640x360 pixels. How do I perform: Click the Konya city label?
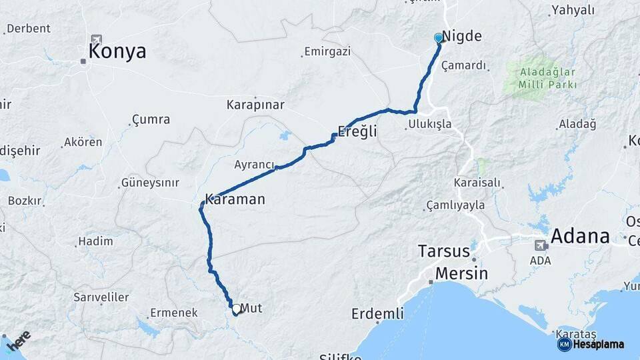tap(117, 52)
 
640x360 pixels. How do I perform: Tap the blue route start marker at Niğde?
tap(438, 38)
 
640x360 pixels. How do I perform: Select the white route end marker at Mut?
tap(236, 309)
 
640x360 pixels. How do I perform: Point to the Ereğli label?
tap(357, 132)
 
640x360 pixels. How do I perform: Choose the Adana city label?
tap(580, 235)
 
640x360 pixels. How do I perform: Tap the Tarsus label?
tap(444, 251)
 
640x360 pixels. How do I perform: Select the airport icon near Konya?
tap(97, 40)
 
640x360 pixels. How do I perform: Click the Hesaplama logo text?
tap(598, 344)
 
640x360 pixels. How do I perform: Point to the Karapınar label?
tap(255, 105)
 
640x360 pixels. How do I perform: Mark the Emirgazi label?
tap(327, 51)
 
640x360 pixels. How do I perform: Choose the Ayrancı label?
tap(254, 164)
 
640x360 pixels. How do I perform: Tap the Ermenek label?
tap(173, 312)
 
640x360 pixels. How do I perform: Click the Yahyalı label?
tap(572, 10)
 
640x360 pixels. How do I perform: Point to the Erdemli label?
tap(377, 313)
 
